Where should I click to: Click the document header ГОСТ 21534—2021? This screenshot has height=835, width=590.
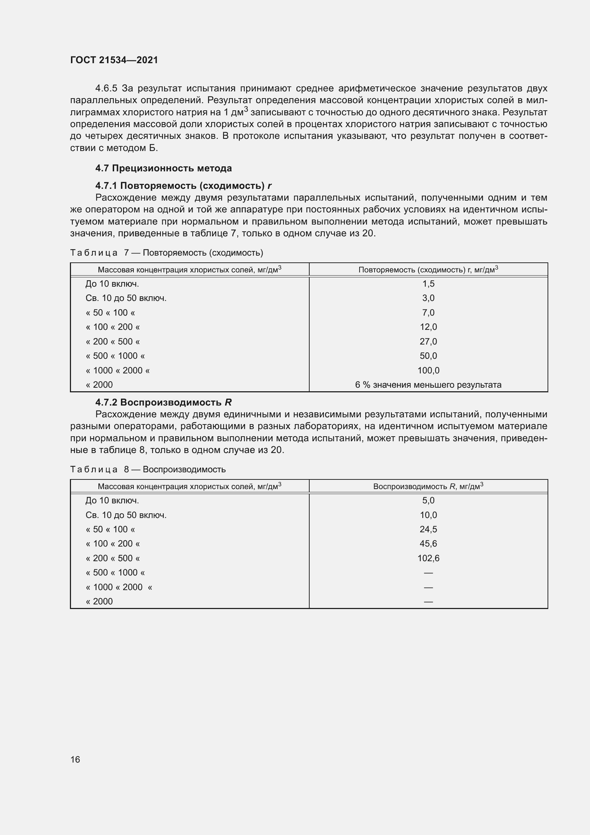[114, 60]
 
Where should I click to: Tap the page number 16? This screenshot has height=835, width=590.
[75, 759]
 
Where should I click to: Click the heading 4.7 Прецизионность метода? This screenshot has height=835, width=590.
[163, 168]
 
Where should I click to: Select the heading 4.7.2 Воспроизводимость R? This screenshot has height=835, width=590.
[163, 403]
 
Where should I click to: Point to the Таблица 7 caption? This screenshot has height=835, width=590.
[166, 253]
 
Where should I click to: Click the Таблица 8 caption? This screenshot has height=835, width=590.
[148, 469]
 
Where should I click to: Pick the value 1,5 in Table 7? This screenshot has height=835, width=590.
[428, 284]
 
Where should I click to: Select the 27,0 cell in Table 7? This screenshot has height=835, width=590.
[428, 342]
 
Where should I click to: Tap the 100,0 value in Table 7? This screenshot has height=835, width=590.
[428, 371]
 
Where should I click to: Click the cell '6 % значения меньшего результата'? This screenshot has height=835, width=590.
[428, 385]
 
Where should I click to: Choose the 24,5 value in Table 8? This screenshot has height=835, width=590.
[428, 529]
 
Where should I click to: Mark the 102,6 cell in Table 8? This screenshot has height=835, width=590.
[428, 558]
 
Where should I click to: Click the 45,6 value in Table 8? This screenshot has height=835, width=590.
[428, 544]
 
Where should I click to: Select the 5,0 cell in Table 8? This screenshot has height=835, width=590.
[428, 501]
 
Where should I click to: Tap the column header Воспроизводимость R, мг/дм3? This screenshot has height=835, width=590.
[428, 487]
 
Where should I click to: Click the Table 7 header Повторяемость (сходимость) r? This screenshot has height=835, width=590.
[428, 270]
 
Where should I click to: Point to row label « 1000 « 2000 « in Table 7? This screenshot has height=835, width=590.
[118, 371]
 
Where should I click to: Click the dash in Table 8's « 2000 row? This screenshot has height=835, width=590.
[428, 602]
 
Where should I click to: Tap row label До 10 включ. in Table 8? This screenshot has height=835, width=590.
[112, 501]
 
